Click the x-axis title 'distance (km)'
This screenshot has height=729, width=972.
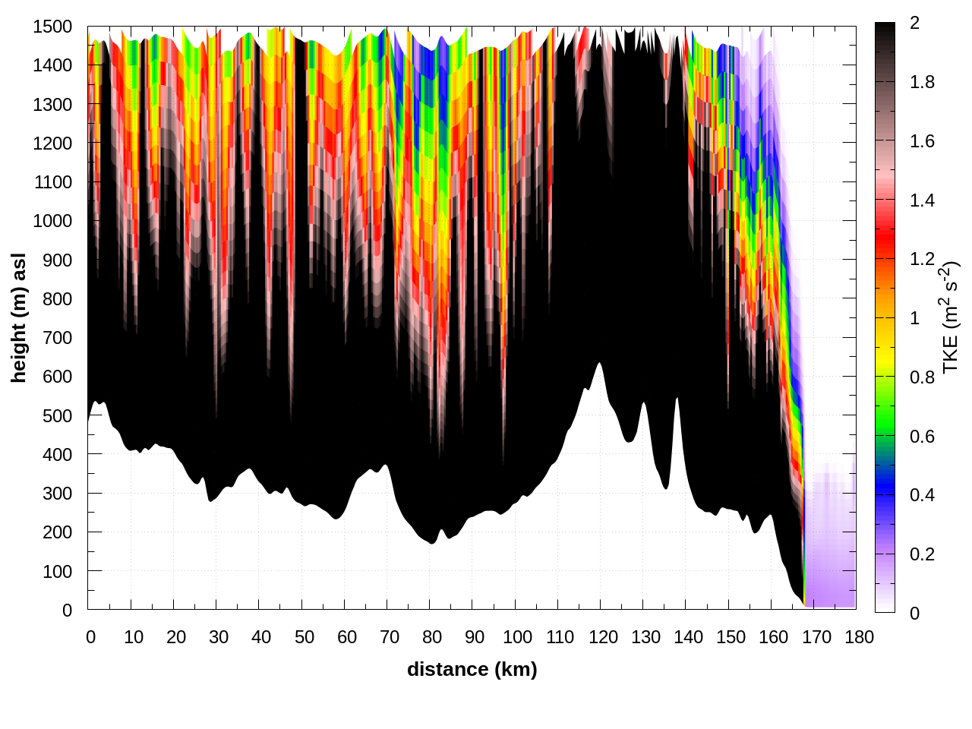[x=472, y=669]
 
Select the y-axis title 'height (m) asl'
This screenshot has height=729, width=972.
[x=19, y=318]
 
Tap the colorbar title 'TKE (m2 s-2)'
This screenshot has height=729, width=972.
[x=951, y=317]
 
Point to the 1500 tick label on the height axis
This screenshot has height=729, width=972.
[x=52, y=27]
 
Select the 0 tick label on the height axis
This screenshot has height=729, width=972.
[x=67, y=610]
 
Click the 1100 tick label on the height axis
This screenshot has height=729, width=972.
[x=52, y=182]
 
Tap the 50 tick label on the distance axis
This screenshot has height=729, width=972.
[x=305, y=637]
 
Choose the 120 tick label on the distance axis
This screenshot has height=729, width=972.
[x=603, y=637]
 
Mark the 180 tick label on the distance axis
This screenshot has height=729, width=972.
[x=859, y=637]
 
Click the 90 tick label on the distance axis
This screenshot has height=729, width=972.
[x=475, y=637]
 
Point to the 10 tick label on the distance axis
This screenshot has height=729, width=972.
[x=134, y=637]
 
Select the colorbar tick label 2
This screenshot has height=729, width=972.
[x=914, y=24]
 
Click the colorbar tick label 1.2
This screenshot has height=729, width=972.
[x=922, y=259]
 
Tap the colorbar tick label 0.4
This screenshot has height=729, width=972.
[x=922, y=495]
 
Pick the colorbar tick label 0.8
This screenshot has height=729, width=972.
[x=922, y=377]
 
